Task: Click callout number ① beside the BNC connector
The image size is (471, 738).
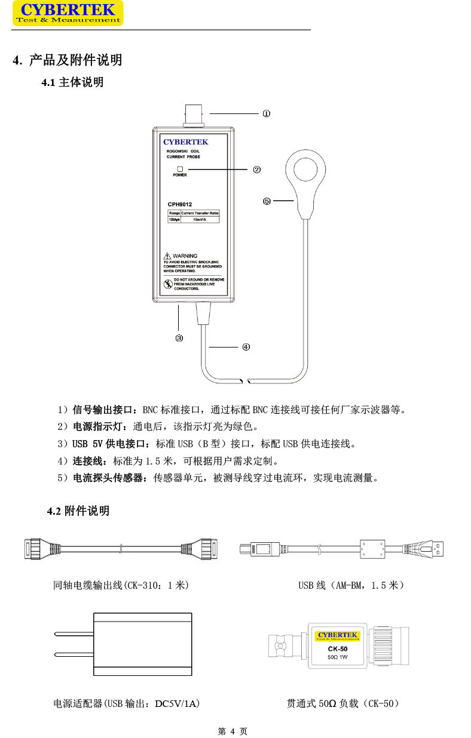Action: (266, 113)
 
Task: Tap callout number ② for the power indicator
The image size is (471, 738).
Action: (256, 170)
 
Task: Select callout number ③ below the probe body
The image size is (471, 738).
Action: (179, 338)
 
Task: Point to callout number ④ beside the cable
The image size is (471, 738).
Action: (246, 347)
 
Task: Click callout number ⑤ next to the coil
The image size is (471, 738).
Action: (267, 201)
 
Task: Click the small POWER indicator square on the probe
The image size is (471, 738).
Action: (179, 169)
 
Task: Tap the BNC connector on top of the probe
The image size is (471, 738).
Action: (194, 115)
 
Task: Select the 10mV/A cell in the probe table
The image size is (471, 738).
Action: (200, 219)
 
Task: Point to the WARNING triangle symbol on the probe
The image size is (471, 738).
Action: (168, 256)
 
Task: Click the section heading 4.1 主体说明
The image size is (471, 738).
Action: (72, 82)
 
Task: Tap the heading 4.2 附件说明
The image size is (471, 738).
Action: (78, 511)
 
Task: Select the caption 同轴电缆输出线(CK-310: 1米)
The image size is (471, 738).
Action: (121, 586)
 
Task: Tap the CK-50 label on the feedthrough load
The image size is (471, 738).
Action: (338, 649)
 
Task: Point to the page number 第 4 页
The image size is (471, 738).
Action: (233, 731)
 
